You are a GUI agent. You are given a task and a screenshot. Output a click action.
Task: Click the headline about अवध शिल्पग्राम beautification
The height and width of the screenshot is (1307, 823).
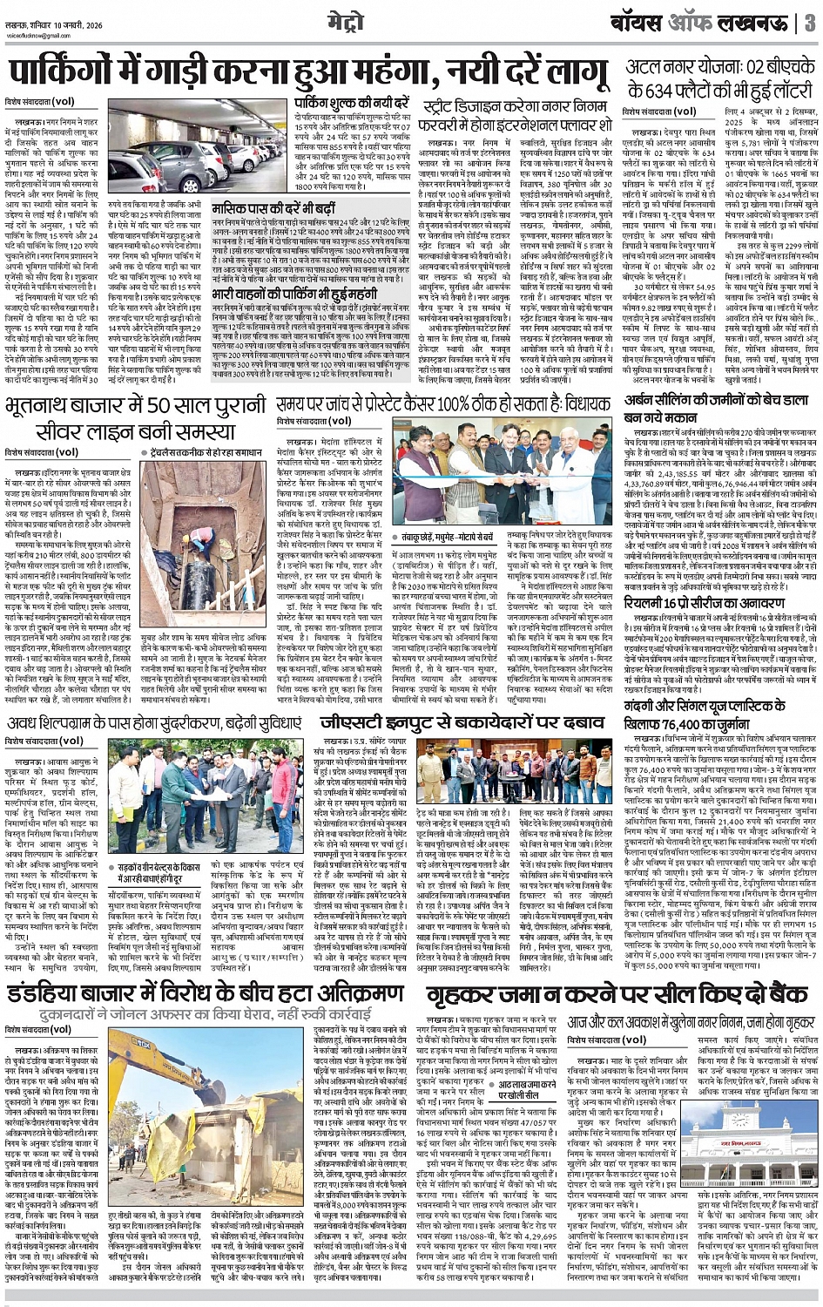157,724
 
